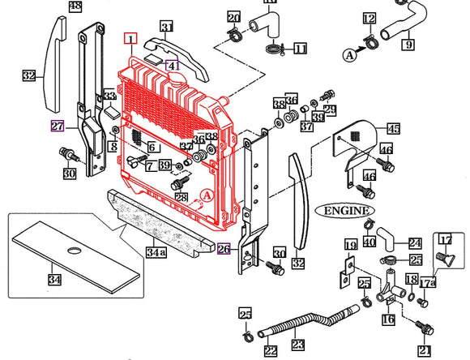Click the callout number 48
(75, 6)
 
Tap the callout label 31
(167, 28)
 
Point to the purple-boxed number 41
(173, 65)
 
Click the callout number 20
(233, 18)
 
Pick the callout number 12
(369, 18)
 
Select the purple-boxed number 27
(58, 126)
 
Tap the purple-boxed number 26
(224, 250)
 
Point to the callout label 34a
(155, 251)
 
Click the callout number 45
(393, 128)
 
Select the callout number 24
(414, 243)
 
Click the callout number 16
(387, 320)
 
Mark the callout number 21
(424, 350)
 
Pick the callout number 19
(351, 244)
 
